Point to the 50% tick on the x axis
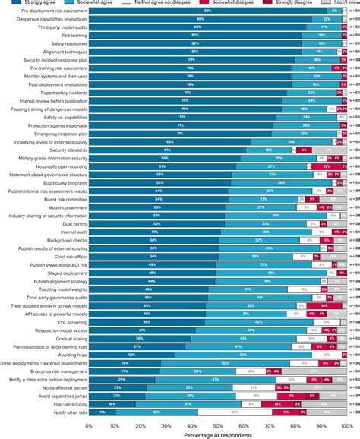218,426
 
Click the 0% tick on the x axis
89,426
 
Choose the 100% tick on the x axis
346,426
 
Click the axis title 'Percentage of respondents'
217,434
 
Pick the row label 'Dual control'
69,224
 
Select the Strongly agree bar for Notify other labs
103,411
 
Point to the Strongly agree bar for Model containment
157,207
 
